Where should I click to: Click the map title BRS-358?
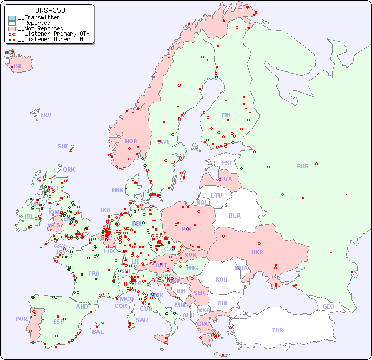point(50,10)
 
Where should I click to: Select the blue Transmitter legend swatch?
point(12,18)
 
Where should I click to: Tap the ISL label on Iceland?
point(18,67)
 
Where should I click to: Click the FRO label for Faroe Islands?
point(46,115)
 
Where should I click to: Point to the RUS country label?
point(302,166)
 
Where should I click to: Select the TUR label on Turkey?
point(277,330)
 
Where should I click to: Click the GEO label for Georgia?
point(328,306)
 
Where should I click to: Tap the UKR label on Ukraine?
point(257,252)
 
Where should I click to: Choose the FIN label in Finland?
point(226,115)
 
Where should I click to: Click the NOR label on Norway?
point(131,141)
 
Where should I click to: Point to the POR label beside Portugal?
point(21,319)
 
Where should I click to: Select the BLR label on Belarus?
point(234,215)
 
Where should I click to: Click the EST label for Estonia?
point(227,163)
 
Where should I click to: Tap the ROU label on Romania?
point(221,279)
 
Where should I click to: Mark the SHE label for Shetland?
point(63,146)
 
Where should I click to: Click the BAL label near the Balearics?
point(97,332)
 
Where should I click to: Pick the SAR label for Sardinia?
point(142,320)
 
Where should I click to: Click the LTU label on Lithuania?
point(216,195)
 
